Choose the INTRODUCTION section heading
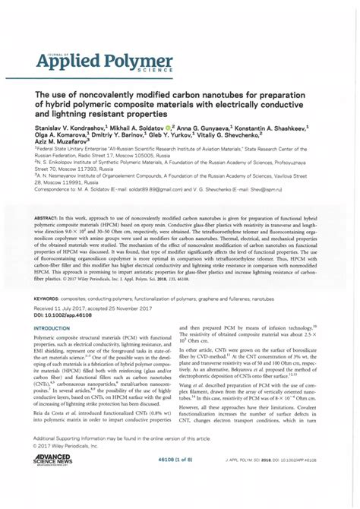click(x=58, y=327)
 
